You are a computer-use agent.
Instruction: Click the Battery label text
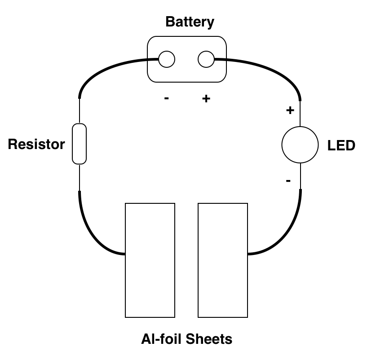point(190,22)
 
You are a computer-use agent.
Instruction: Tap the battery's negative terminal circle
point(167,59)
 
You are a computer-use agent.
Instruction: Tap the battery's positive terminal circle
point(206,59)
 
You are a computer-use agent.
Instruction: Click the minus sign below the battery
point(167,99)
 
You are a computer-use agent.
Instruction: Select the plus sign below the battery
point(206,99)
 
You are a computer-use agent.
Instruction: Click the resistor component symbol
point(79,144)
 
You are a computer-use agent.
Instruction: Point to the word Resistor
point(36,144)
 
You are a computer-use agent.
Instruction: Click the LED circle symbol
point(300,145)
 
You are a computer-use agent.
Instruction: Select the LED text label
point(341,145)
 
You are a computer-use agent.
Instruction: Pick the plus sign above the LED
point(290,110)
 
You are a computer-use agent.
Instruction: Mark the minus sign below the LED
point(288,181)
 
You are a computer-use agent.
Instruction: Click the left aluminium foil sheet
point(150,260)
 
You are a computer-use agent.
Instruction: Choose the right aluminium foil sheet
point(223,260)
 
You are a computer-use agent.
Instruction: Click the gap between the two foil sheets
point(186,260)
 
